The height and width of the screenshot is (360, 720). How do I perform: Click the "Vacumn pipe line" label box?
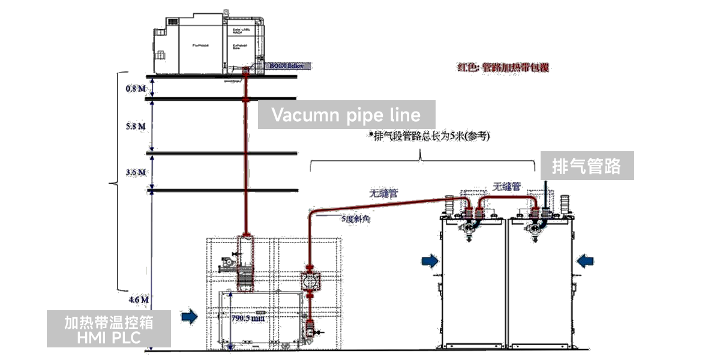(346, 115)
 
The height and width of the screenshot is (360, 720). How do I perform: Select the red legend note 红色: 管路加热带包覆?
(503, 68)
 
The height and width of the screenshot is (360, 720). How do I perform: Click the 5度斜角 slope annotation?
(355, 220)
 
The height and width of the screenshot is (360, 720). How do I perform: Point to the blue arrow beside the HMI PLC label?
(190, 316)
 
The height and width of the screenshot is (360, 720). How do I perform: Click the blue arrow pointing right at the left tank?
(430, 260)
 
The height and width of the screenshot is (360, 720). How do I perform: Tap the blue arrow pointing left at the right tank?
(585, 260)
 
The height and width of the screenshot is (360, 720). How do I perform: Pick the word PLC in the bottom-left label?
(125, 338)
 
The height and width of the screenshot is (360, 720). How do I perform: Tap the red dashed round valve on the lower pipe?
(309, 282)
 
